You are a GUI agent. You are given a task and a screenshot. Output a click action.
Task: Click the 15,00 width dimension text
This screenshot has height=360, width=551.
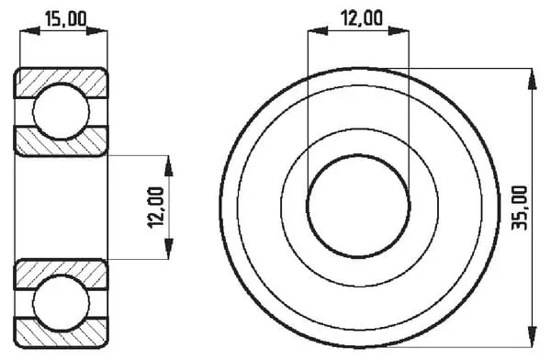[x=66, y=19]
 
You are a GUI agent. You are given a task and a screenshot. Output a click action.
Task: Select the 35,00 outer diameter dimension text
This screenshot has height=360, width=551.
[x=520, y=208]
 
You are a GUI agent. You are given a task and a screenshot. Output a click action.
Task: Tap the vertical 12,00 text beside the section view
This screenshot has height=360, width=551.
[x=156, y=208]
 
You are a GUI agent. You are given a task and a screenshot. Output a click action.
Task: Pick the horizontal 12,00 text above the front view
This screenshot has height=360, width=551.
[x=363, y=18]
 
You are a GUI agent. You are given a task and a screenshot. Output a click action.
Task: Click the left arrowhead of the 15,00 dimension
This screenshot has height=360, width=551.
[x=30, y=31]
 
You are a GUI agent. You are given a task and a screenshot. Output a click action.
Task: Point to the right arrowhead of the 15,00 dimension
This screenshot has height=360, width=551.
[x=97, y=31]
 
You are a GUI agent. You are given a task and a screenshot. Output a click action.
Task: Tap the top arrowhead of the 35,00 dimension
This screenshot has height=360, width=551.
[x=533, y=79]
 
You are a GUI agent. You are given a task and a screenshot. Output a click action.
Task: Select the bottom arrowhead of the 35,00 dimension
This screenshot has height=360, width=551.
[x=533, y=336]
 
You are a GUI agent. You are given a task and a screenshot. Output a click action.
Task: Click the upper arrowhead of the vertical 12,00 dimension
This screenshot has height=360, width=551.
[x=169, y=165]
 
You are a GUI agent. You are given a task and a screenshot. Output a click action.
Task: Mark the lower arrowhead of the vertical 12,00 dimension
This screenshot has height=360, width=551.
[x=169, y=249]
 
